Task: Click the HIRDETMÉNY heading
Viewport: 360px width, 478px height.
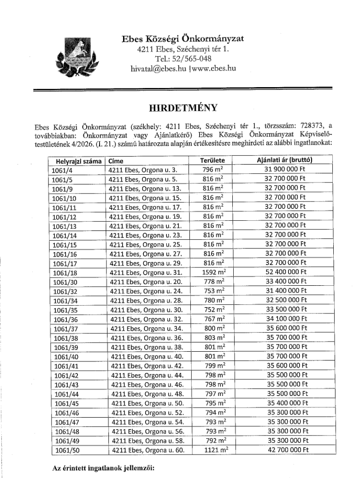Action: [179, 108]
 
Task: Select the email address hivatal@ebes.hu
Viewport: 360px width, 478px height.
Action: [158, 68]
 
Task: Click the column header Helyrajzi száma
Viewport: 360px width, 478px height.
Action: [76, 162]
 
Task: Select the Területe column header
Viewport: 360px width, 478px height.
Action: [213, 161]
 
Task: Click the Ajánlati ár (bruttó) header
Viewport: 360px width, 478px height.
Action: [284, 161]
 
